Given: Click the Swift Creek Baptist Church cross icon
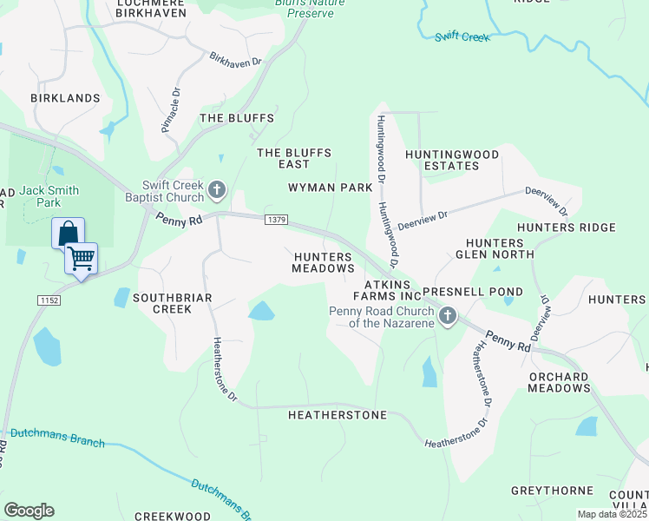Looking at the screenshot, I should (x=217, y=188).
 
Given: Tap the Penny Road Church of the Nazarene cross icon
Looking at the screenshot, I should (x=448, y=315).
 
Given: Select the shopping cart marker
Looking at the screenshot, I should (x=81, y=258).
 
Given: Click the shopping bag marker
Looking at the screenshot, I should (x=68, y=234).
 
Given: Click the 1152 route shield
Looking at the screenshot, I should (x=49, y=300).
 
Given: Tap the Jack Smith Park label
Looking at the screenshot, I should (x=49, y=196).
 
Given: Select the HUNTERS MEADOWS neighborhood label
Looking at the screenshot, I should (x=324, y=263).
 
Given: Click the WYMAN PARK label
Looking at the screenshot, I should (x=331, y=188).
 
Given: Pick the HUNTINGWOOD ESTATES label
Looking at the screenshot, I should (x=452, y=160).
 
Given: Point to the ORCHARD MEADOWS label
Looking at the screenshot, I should (x=558, y=382).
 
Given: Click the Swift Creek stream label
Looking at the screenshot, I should (x=462, y=36).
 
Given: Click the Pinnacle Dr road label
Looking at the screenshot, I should (x=170, y=109).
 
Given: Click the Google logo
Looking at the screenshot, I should (x=29, y=511).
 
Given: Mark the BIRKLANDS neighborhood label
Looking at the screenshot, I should (x=65, y=98).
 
